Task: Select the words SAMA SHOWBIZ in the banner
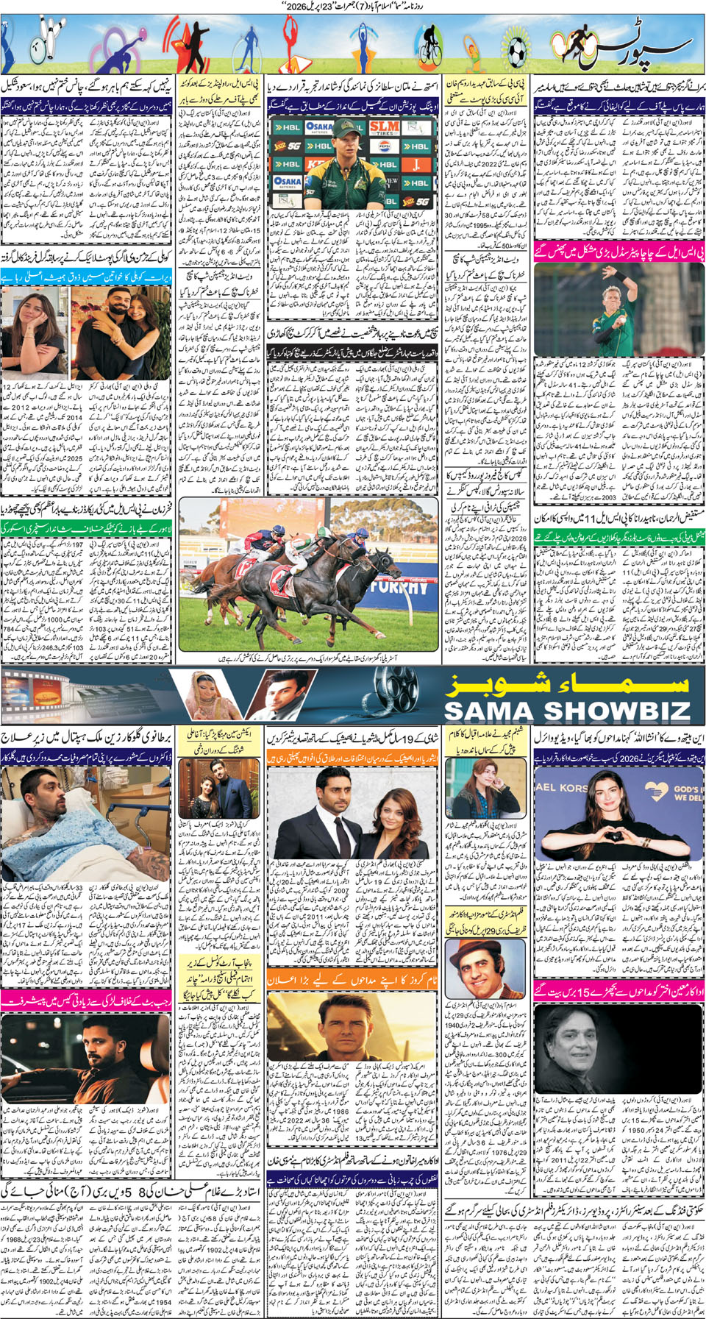(x=567, y=711)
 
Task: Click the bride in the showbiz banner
(x=206, y=692)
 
